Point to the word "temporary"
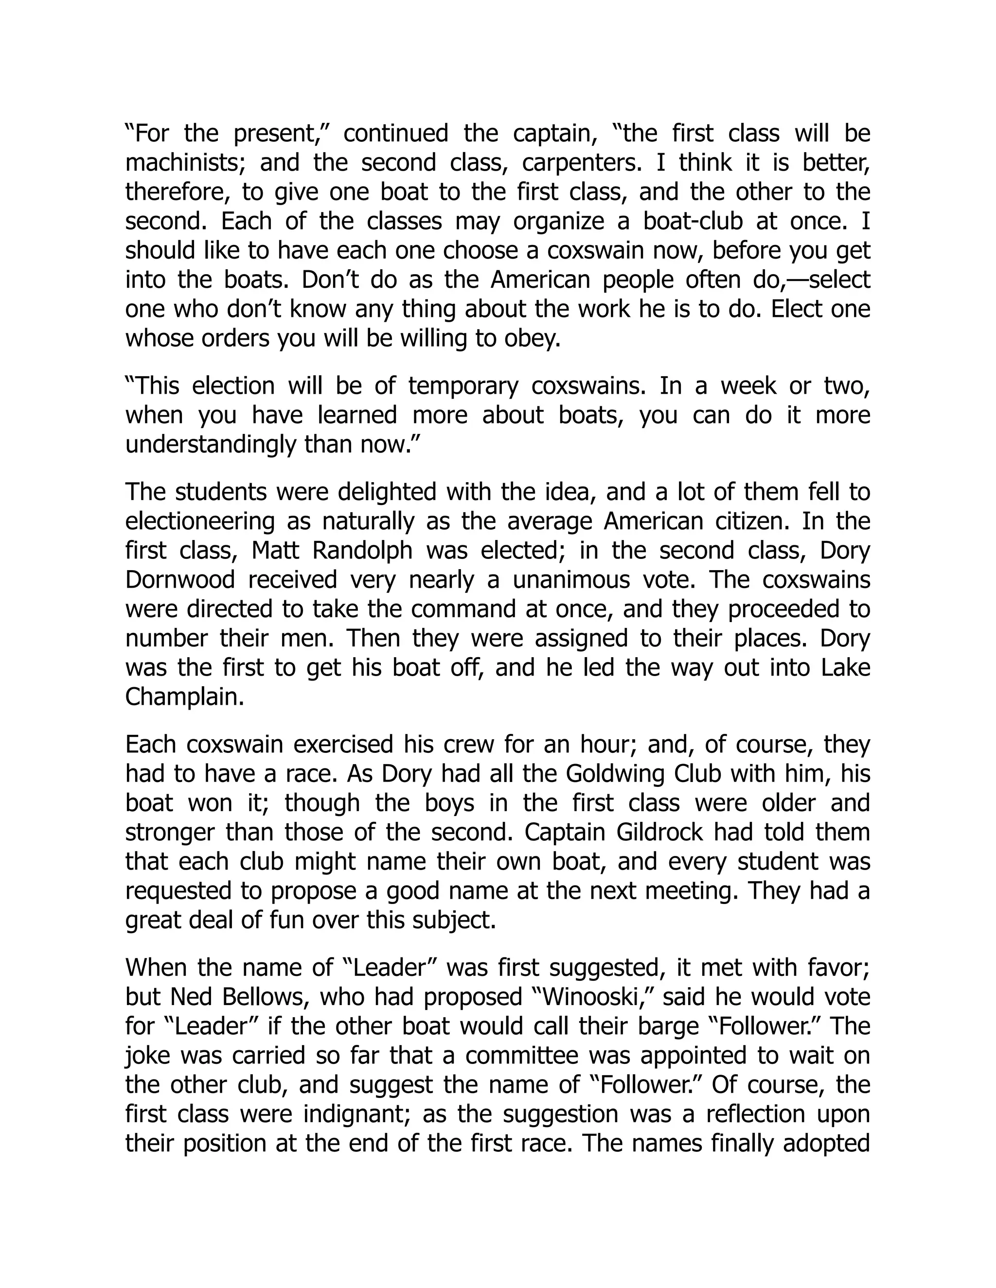[x=462, y=386]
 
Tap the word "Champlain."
[x=185, y=697]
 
